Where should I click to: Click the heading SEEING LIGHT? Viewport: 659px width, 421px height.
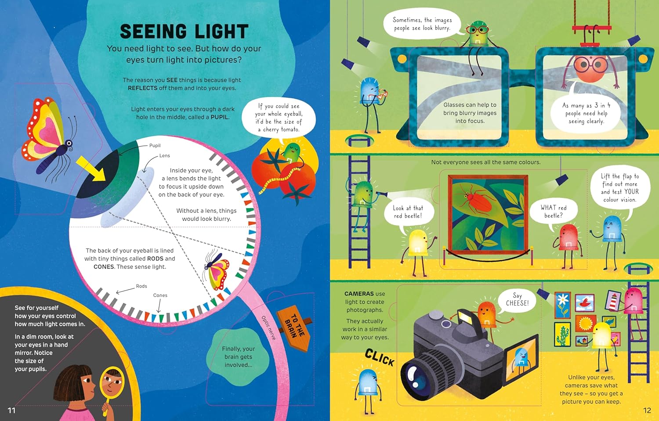[184, 32]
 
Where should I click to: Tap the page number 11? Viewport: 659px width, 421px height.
[11, 410]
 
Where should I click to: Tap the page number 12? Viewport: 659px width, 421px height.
[647, 410]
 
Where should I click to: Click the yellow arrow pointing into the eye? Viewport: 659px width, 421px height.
[91, 169]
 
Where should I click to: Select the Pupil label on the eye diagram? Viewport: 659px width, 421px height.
[155, 145]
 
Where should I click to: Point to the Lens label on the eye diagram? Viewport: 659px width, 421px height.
[164, 155]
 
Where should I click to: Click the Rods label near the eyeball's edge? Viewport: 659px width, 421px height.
[141, 286]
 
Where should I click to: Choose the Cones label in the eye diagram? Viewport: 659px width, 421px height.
[160, 295]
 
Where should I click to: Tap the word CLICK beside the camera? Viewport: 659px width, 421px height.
[380, 357]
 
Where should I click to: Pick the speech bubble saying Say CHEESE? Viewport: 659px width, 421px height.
[517, 299]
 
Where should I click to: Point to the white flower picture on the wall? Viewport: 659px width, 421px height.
[562, 305]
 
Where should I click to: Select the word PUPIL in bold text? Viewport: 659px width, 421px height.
[220, 117]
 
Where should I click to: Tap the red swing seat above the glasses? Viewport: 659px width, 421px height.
[592, 28]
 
